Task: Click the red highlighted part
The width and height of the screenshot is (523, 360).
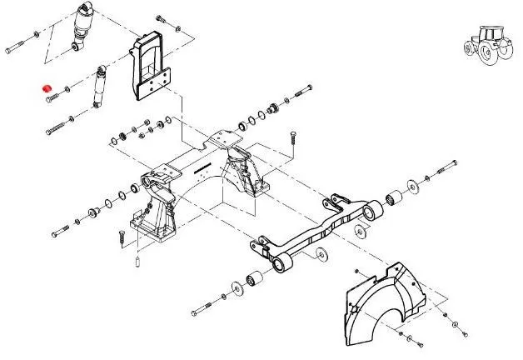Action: click(47, 87)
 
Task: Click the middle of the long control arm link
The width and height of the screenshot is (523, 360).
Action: click(316, 234)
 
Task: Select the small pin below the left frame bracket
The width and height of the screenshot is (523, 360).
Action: click(135, 263)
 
